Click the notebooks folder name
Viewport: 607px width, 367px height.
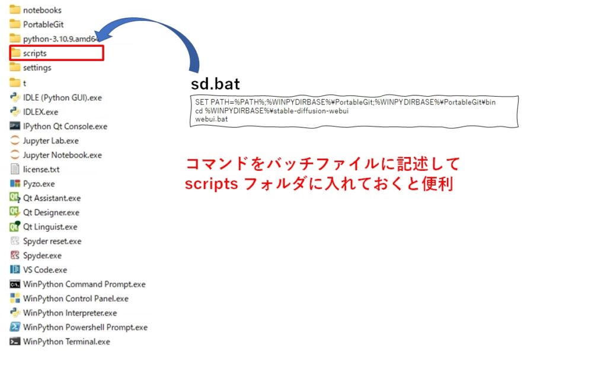[42, 10]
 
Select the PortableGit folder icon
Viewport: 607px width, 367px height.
[15, 24]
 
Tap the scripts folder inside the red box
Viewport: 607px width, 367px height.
[34, 53]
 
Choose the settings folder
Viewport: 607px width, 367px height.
[37, 68]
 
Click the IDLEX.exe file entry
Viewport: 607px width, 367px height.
[40, 112]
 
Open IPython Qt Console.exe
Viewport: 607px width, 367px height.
[65, 126]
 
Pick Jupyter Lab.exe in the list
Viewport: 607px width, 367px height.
[51, 141]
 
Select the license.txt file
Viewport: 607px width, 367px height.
[41, 169]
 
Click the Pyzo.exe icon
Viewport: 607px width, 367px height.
[15, 183]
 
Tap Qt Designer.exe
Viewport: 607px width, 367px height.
[51, 212]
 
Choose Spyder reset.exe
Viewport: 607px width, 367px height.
[52, 241]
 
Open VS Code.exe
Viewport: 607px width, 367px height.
[45, 270]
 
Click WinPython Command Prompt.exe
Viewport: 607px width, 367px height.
[84, 284]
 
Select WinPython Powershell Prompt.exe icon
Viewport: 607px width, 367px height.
[15, 327]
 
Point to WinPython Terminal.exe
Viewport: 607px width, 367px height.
[66, 342]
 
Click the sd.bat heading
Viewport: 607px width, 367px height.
[215, 84]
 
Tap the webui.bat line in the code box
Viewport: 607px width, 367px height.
[212, 119]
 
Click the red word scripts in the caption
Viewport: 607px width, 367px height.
[211, 184]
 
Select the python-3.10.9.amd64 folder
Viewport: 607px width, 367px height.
[60, 39]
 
